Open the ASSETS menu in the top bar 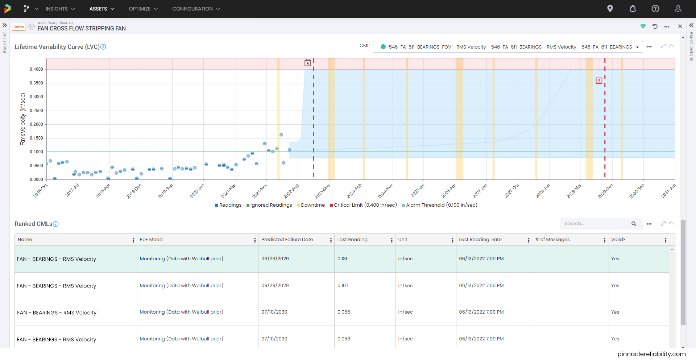click(x=101, y=9)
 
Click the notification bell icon click(x=633, y=9)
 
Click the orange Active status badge click(x=18, y=27)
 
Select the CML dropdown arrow click(x=637, y=47)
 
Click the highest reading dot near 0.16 click(x=281, y=135)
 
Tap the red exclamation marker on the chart click(x=599, y=81)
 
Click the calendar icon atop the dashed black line click(x=308, y=63)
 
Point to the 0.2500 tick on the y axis click(x=36, y=111)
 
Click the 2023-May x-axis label click(x=322, y=191)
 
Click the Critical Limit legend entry click(x=363, y=205)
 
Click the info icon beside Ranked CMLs click(x=56, y=224)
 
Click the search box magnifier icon click(x=634, y=224)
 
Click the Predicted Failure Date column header click(x=287, y=240)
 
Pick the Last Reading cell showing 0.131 click(x=342, y=259)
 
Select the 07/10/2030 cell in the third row click(x=274, y=312)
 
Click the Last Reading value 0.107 click(x=343, y=286)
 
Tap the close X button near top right click(x=680, y=26)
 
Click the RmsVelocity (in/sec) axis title click(x=23, y=119)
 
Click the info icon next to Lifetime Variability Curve click(x=103, y=47)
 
